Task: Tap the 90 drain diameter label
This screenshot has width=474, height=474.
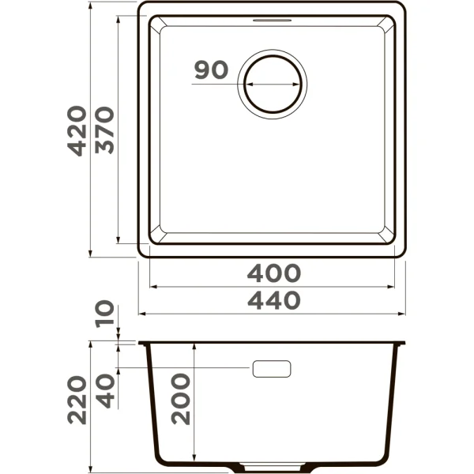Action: coord(210,70)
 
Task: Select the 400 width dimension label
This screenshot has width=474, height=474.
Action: coord(273,273)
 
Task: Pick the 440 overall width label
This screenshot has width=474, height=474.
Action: coord(273,300)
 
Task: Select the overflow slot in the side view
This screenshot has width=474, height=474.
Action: coord(272,368)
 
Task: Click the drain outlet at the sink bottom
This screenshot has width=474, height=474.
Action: coord(273,461)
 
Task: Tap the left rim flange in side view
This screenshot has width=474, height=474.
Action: coord(143,344)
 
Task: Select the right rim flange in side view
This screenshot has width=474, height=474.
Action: coord(402,344)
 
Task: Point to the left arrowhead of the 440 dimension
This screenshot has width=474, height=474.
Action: coord(142,314)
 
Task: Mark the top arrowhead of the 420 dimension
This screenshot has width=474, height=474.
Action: coord(91,5)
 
